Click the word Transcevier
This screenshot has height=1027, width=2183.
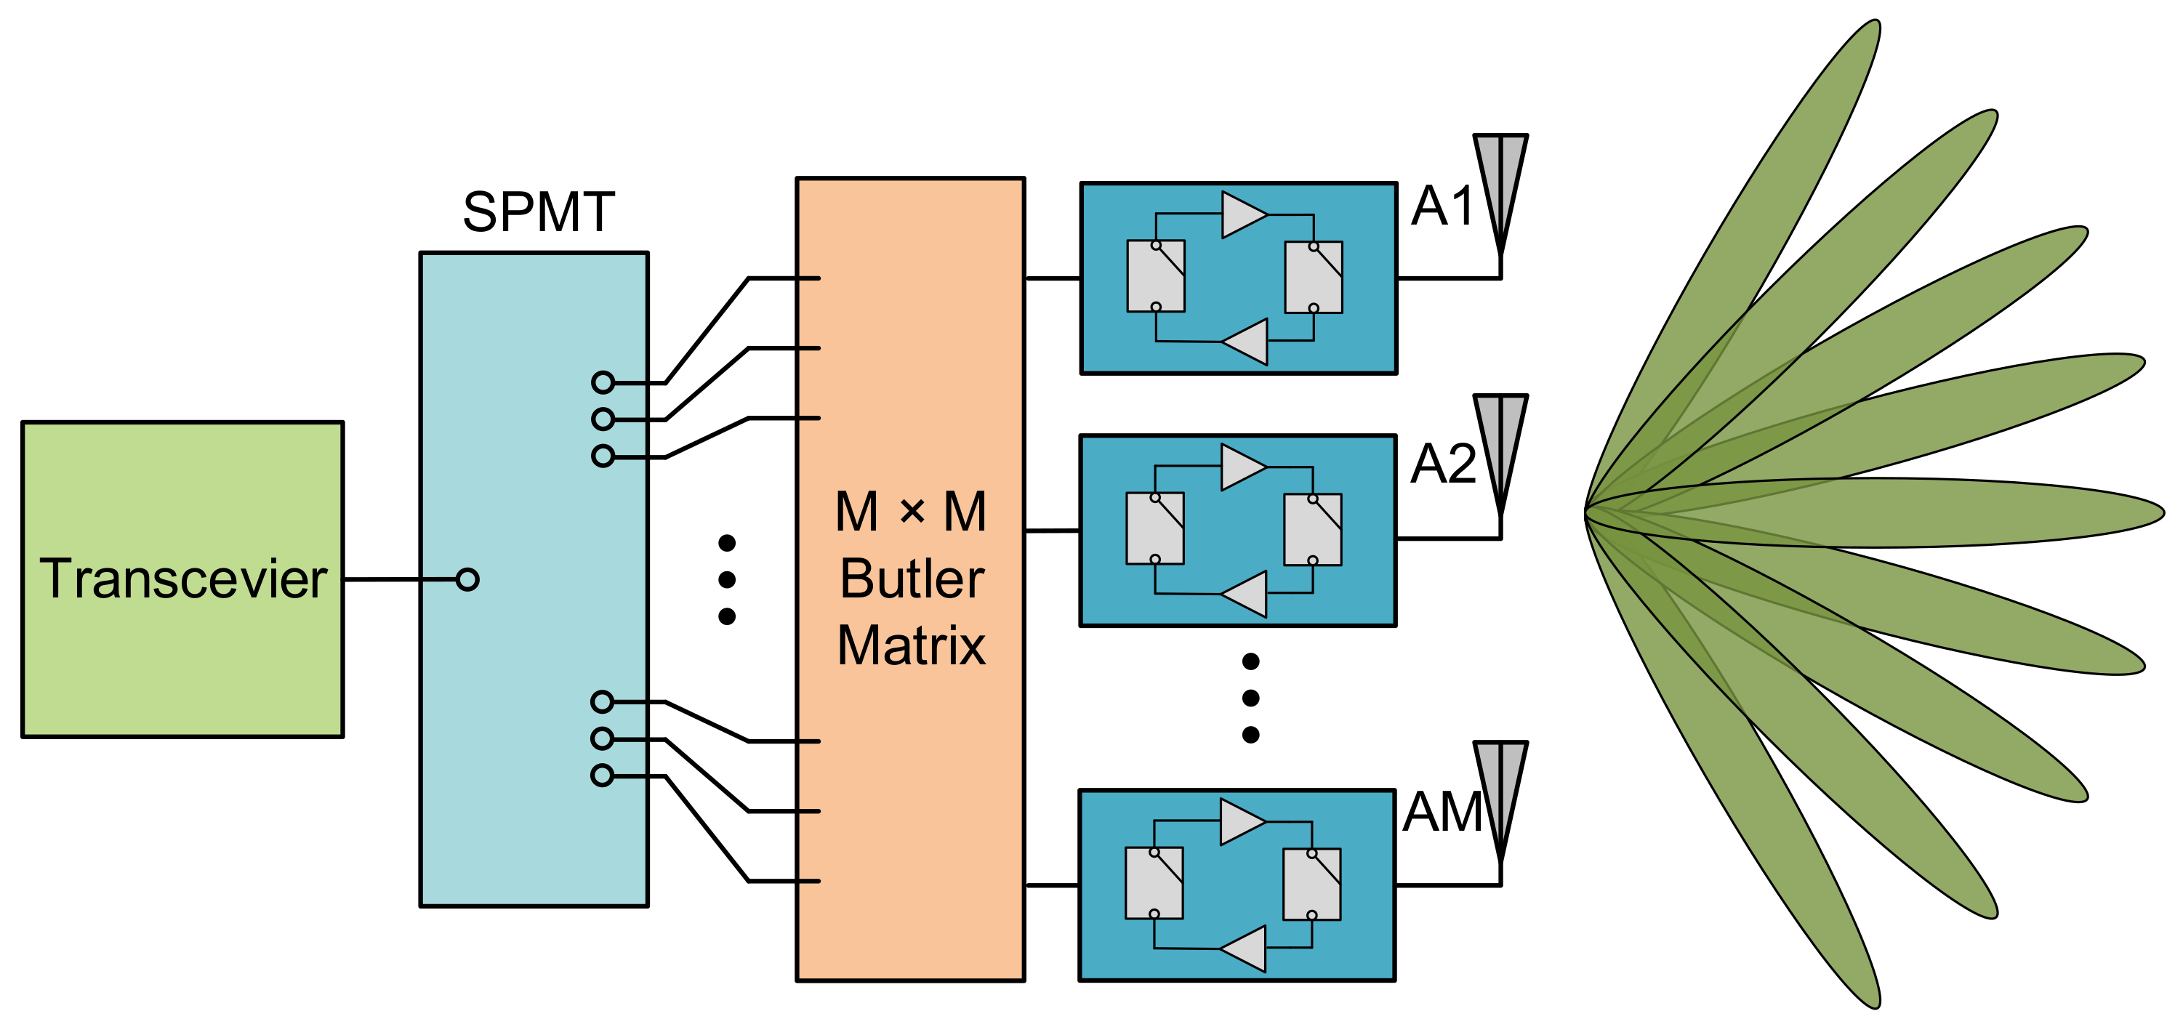pyautogui.click(x=183, y=579)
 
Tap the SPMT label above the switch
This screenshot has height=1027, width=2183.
pyautogui.click(x=538, y=212)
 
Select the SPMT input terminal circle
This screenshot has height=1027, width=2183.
pyautogui.click(x=467, y=579)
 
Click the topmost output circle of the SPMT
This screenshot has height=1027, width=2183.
pyautogui.click(x=603, y=382)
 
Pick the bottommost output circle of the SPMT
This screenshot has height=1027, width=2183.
pyautogui.click(x=602, y=776)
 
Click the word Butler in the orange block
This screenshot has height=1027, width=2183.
pyautogui.click(x=912, y=579)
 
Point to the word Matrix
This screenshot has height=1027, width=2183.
pyautogui.click(x=912, y=645)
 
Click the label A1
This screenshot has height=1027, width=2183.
pyautogui.click(x=1442, y=206)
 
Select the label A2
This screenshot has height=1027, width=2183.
pyautogui.click(x=1442, y=464)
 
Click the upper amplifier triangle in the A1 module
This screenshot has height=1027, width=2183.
pyautogui.click(x=1243, y=214)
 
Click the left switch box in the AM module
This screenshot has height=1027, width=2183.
pyautogui.click(x=1154, y=883)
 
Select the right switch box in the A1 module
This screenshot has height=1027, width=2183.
pyautogui.click(x=1314, y=277)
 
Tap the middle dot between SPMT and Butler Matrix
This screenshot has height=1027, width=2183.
pyautogui.click(x=726, y=579)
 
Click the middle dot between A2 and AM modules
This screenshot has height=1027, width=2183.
pyautogui.click(x=1250, y=697)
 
